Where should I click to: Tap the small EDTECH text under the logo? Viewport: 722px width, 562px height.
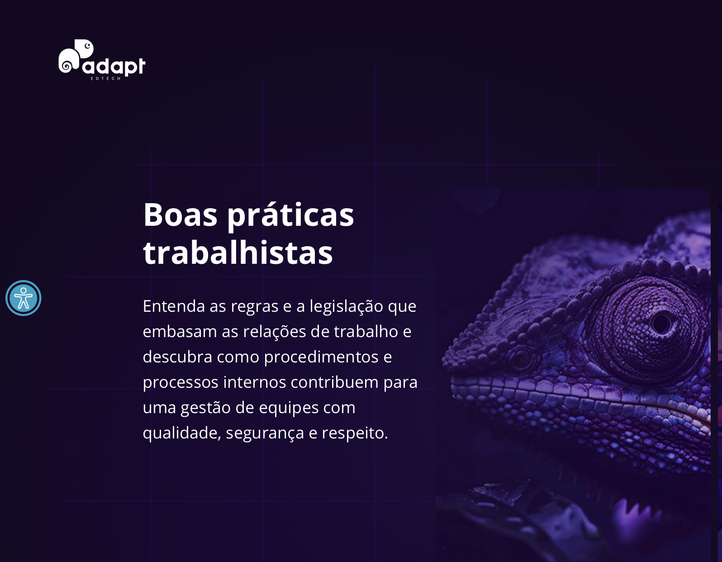coord(106,78)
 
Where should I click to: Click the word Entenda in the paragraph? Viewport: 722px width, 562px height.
coord(174,306)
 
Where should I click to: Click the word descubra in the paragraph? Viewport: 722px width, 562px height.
coord(177,357)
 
